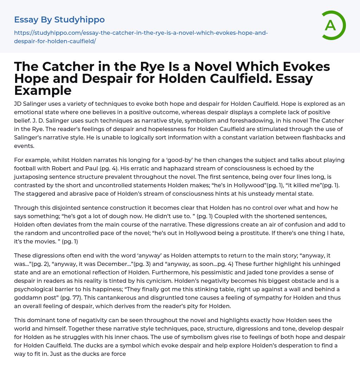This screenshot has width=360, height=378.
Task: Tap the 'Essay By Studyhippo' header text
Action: [59, 20]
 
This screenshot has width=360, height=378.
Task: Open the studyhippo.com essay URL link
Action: [141, 37]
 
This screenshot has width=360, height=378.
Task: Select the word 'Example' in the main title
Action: [43, 90]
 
